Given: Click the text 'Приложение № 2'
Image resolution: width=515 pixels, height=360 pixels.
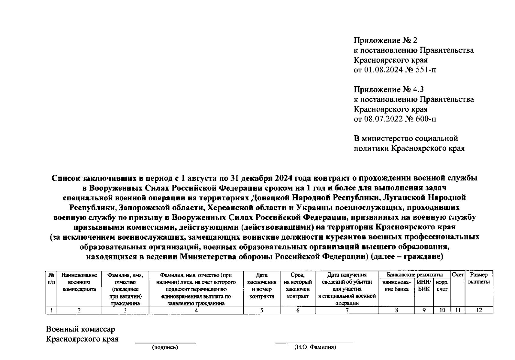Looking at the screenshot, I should (385, 40).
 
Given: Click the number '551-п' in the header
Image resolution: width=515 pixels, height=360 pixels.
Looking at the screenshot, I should (426, 70).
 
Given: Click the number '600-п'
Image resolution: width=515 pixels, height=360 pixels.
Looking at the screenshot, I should (426, 119).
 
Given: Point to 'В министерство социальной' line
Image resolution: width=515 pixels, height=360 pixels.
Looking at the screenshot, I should (406, 139).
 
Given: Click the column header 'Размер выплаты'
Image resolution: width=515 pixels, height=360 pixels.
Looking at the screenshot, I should (479, 278).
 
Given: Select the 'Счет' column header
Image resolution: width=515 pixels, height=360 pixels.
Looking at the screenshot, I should (458, 275).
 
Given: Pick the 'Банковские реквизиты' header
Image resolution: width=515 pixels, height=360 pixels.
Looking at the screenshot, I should (414, 275).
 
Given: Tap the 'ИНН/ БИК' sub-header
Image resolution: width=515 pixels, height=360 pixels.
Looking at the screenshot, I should (424, 286).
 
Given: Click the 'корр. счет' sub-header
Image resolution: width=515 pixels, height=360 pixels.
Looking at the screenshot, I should (442, 286).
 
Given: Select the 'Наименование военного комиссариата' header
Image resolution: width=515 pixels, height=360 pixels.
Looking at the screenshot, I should (79, 282).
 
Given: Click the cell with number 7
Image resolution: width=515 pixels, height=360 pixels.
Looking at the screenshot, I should (347, 310).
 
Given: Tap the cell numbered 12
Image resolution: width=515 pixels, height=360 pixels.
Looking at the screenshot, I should (479, 310).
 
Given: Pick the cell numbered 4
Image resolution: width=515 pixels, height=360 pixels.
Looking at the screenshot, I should (196, 310).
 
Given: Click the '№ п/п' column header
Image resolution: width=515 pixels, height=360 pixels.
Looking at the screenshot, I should (51, 278).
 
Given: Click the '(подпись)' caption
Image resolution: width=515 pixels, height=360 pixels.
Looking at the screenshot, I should (165, 347).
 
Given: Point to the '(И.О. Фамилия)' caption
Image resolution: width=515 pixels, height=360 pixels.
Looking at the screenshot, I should (315, 347).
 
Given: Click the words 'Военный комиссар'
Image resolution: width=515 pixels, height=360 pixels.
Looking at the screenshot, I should (80, 329).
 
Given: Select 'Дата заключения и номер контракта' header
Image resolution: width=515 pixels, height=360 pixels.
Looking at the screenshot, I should (261, 286).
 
